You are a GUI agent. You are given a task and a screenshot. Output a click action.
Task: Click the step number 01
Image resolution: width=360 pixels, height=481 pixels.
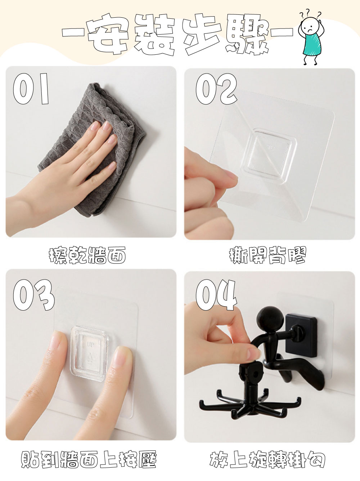pyautogui.click(x=31, y=89)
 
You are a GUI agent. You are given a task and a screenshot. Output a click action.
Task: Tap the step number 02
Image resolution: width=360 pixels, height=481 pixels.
pyautogui.click(x=216, y=89)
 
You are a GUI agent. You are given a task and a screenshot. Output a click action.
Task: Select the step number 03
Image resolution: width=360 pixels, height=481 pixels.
pyautogui.click(x=33, y=295)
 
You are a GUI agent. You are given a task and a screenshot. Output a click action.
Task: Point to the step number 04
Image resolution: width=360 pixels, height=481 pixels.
pyautogui.click(x=216, y=295)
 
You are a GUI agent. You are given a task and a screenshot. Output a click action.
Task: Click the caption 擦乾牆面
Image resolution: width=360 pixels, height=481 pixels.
pyautogui.click(x=87, y=255)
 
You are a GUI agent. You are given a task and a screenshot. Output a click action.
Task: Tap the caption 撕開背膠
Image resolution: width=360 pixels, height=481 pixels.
pyautogui.click(x=267, y=255)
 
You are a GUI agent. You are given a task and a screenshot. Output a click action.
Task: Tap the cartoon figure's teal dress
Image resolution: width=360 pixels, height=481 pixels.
pyautogui.click(x=312, y=44)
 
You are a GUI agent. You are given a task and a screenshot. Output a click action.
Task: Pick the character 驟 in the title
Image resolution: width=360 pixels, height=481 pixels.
pyautogui.click(x=247, y=34)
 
